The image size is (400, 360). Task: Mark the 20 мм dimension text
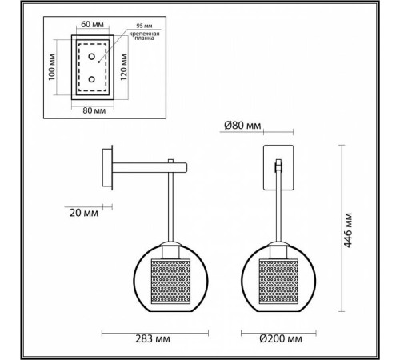pyautogui.click(x=81, y=214)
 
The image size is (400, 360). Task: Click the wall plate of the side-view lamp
pyautogui.click(x=108, y=168)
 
